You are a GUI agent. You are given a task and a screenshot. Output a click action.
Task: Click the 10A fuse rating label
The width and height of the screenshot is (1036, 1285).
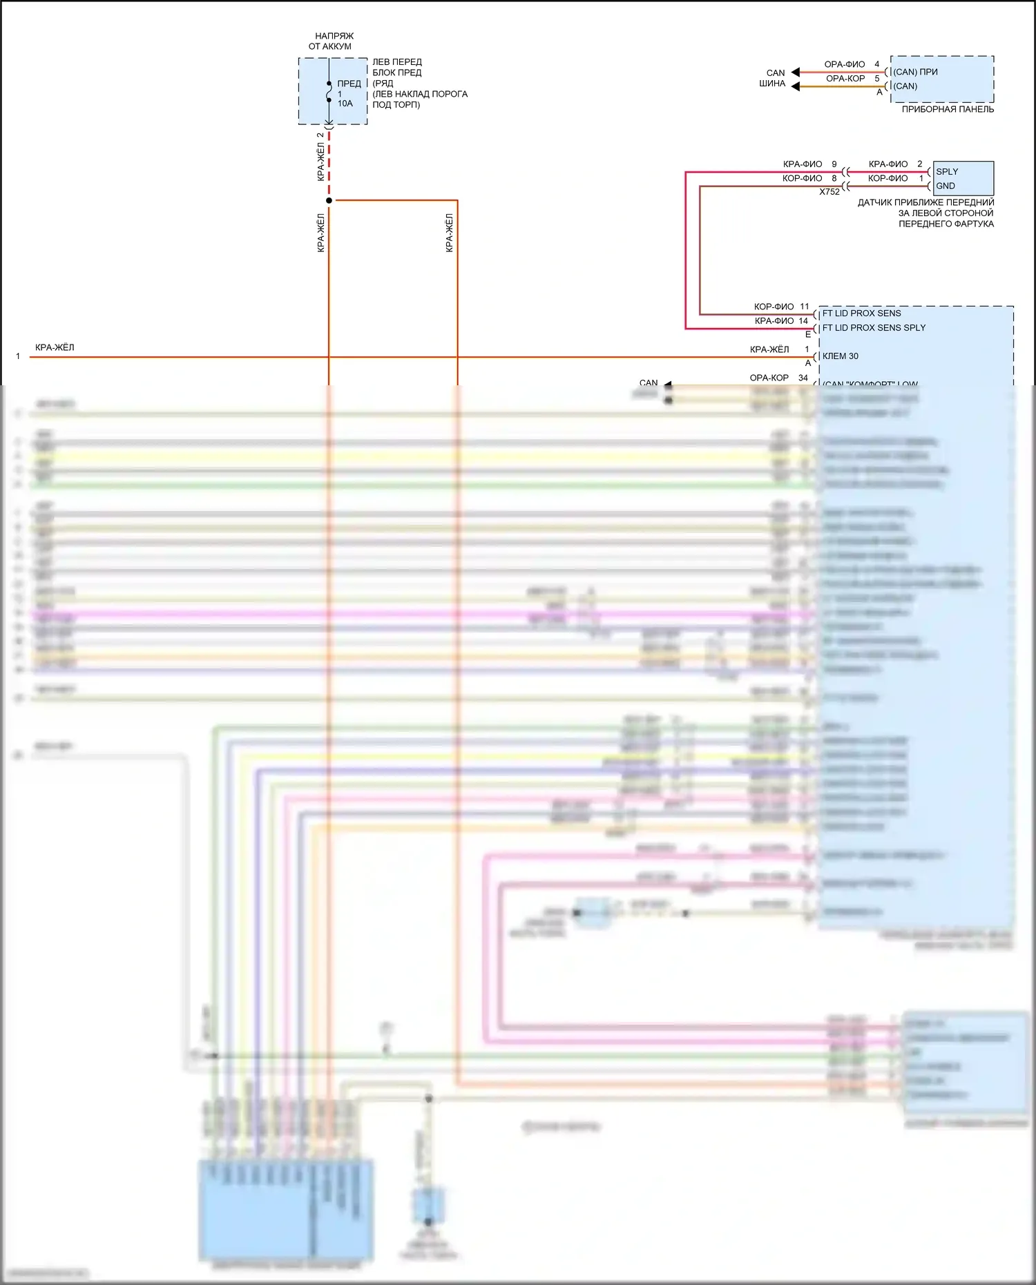pos(345,104)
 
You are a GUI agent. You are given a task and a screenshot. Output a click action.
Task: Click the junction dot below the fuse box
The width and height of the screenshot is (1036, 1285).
pos(329,200)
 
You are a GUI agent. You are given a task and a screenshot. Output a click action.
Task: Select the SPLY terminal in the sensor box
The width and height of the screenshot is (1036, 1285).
pos(947,171)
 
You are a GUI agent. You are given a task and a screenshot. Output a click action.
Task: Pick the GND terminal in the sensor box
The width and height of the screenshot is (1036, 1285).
pos(946,186)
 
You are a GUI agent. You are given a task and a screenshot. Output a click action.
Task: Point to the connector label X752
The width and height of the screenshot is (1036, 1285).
pos(829,192)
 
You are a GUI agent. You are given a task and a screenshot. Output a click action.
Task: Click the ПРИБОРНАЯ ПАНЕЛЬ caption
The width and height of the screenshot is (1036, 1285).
pos(948,109)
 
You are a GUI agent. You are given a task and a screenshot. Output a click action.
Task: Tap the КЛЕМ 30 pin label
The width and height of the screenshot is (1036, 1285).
pos(841,356)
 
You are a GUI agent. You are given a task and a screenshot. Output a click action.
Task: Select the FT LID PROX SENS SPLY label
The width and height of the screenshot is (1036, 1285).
pos(874,328)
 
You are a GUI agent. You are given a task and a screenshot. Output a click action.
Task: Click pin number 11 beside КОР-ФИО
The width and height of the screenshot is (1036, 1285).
pos(804,307)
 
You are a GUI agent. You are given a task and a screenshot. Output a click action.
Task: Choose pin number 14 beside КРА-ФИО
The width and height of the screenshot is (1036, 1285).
pos(803,321)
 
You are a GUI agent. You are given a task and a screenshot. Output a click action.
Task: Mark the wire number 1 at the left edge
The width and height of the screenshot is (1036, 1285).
pos(18,356)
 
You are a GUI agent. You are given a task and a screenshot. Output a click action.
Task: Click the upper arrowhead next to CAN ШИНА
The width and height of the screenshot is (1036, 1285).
pos(795,72)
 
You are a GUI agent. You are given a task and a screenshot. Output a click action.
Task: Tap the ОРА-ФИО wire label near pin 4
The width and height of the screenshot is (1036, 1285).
pos(844,64)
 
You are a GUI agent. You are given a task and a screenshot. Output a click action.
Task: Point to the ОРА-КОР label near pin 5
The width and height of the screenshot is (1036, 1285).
pos(845,79)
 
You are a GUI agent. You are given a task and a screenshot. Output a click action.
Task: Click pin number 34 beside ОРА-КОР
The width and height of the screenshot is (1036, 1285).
pos(803,378)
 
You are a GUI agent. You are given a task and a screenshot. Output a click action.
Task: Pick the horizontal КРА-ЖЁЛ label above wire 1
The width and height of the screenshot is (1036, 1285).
pos(55,347)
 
